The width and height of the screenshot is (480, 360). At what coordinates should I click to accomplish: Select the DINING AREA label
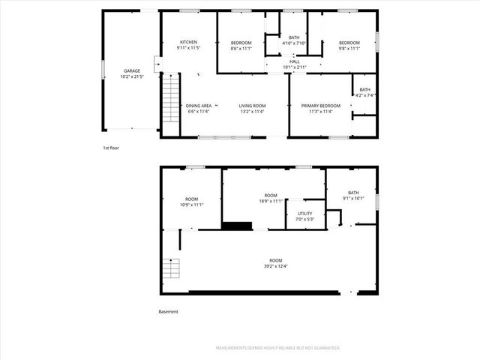tap(199, 106)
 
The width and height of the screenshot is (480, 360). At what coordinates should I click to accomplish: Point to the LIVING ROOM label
tap(253, 106)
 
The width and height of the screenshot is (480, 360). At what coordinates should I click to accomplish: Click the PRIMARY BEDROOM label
tap(321, 106)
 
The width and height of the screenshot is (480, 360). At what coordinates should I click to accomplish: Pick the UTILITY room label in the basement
tap(305, 213)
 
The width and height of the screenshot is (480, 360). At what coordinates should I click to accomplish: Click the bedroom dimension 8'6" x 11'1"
tap(241, 48)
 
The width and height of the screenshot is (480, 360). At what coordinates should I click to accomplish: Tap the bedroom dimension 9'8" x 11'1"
tap(349, 48)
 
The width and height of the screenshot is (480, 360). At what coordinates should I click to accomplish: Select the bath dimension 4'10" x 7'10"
tap(294, 43)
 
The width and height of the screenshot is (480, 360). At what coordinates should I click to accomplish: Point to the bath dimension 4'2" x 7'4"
tap(364, 95)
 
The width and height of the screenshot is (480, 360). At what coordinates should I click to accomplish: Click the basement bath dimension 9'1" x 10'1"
tap(352, 199)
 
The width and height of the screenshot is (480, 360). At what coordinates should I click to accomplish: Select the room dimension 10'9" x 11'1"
tap(191, 205)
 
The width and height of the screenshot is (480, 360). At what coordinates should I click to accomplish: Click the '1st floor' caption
tap(111, 148)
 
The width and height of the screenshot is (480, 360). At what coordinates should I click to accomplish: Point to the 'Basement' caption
tap(168, 311)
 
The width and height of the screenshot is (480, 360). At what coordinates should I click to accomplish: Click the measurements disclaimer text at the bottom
tap(277, 348)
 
